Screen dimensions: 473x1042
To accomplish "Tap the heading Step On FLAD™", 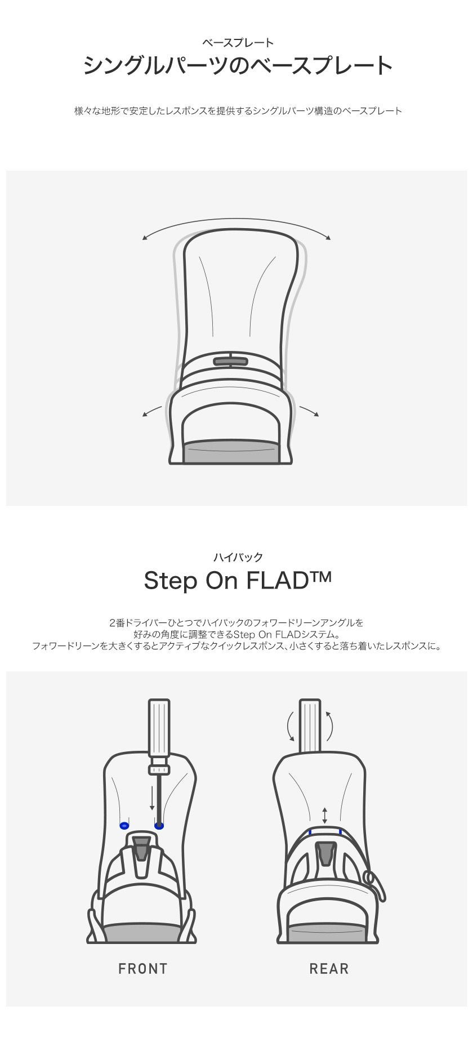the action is pyautogui.click(x=237, y=580).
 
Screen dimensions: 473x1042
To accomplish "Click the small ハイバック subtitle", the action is pyautogui.click(x=238, y=557).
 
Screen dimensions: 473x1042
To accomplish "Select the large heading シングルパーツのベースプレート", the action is pyautogui.click(x=238, y=65).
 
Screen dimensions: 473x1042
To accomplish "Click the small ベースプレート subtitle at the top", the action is pyautogui.click(x=238, y=43).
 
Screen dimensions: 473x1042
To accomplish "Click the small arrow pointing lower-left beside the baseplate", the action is pyautogui.click(x=152, y=412).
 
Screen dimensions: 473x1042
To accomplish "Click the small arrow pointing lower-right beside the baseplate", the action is pyautogui.click(x=309, y=411).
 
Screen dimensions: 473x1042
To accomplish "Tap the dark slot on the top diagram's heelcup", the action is pyautogui.click(x=231, y=361).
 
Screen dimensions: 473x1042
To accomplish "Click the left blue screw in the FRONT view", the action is pyautogui.click(x=124, y=826).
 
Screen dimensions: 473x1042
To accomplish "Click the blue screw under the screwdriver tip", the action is pyautogui.click(x=159, y=826).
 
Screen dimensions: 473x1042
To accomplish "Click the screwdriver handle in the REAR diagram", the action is pyautogui.click(x=310, y=725).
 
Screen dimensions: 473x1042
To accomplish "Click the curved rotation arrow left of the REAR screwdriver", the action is pyautogui.click(x=289, y=725).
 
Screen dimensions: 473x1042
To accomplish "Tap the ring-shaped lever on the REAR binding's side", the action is pyautogui.click(x=371, y=877).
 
